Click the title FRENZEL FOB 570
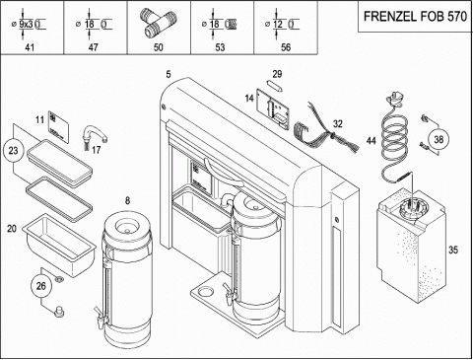415,16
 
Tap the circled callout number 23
13,151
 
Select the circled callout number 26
41,286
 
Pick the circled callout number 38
439,139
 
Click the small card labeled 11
59,126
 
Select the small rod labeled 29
275,86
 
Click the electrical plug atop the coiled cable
395,100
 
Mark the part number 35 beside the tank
453,250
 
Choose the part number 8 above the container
127,200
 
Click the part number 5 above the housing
169,75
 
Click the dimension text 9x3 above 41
26,24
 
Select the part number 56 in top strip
286,47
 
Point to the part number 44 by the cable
372,141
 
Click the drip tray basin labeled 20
59,245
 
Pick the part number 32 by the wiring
337,124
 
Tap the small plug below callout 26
59,312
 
